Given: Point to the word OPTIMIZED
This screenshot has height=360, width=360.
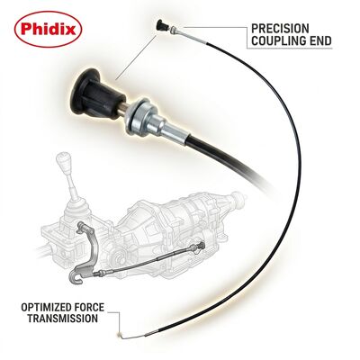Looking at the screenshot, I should [53, 308].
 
